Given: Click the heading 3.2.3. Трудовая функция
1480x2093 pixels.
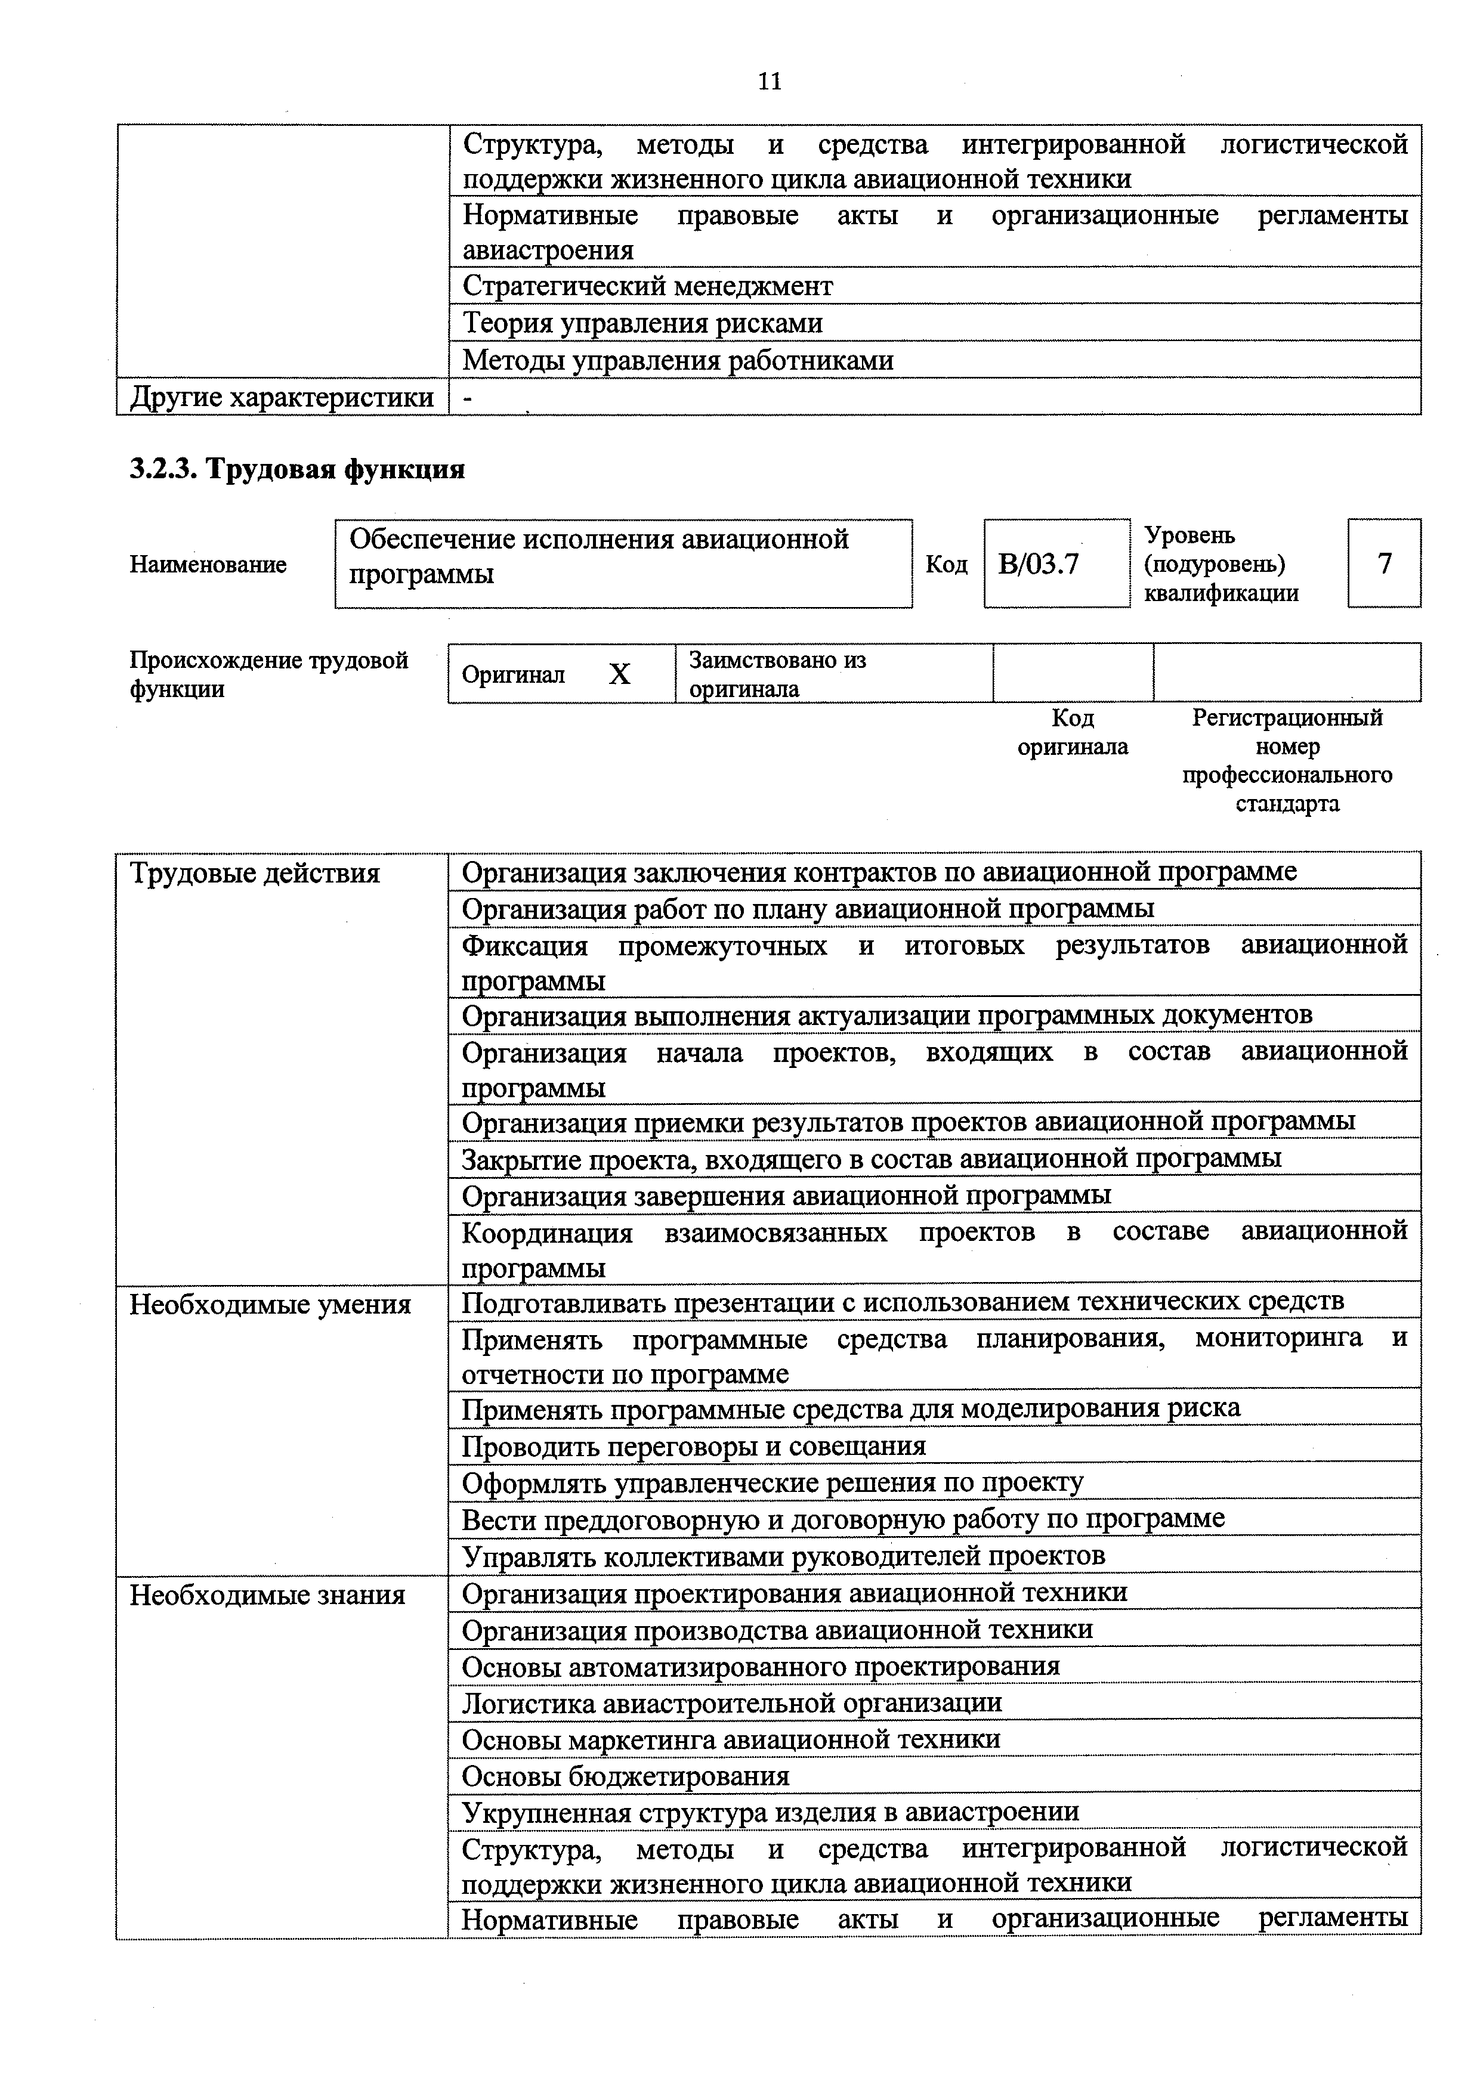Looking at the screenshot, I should coord(297,469).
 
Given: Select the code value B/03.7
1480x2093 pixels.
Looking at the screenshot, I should coord(1039,564).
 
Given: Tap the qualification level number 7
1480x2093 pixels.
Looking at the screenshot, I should coord(1383,564).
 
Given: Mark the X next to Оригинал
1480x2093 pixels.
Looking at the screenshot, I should coord(619,674).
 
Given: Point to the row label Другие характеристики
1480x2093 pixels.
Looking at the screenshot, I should coord(282,398).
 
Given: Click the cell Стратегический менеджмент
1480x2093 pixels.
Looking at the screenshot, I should coord(647,286).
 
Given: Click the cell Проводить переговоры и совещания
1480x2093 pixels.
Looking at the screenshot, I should coord(693,1447).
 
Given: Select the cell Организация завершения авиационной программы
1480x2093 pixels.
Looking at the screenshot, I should coord(786,1195).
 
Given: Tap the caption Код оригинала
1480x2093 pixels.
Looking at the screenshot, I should coord(1073,733).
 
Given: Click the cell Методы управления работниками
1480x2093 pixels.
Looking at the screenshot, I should coord(678,361).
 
